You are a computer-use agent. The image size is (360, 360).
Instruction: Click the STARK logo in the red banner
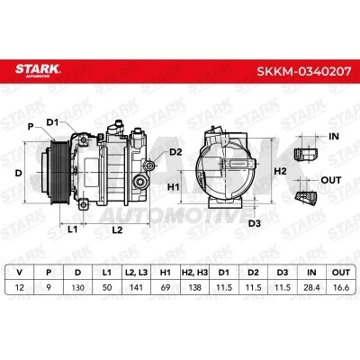tap(38, 70)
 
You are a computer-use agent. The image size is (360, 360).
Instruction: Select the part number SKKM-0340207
tap(303, 71)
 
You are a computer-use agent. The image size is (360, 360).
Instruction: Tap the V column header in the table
tap(20, 273)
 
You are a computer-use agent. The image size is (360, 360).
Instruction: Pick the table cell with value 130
tap(78, 287)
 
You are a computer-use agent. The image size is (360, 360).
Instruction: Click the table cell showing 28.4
tap(311, 287)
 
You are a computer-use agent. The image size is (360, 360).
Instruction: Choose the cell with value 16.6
tap(341, 287)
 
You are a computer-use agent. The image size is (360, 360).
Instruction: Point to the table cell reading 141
tap(137, 287)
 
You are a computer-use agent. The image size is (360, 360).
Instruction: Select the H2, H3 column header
tap(195, 273)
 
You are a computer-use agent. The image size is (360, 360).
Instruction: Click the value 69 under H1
tap(166, 287)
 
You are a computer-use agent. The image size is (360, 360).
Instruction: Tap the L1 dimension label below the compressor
tap(72, 229)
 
